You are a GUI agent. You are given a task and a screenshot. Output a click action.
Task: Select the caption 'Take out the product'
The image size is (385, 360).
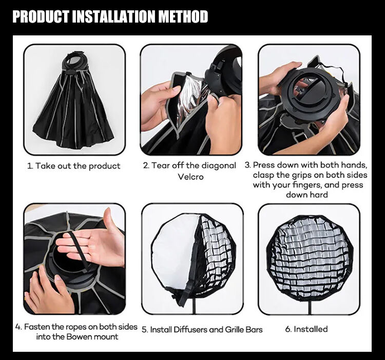(x=78, y=166)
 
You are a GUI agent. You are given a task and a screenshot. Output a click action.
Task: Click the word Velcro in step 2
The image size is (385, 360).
(x=190, y=176)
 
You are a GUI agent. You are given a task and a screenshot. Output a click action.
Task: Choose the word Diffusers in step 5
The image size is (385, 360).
(x=190, y=330)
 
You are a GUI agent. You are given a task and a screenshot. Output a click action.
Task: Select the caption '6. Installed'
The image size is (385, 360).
(x=306, y=329)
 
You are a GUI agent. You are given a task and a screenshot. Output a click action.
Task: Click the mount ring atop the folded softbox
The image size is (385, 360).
(x=74, y=62)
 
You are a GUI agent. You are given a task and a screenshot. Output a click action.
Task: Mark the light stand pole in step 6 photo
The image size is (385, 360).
(x=310, y=307)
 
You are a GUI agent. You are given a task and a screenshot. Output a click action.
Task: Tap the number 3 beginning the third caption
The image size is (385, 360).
(x=247, y=165)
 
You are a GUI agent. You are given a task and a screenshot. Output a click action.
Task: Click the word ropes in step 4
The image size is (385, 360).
(x=81, y=327)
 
